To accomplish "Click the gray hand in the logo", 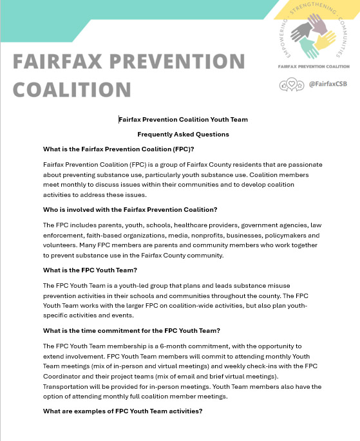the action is [x=301, y=32].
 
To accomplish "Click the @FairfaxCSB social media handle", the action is [x=328, y=84].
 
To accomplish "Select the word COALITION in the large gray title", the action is [x=73, y=89].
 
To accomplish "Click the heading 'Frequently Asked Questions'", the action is [x=183, y=135].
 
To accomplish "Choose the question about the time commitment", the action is [x=131, y=330].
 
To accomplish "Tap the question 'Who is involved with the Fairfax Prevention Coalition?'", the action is [x=130, y=209].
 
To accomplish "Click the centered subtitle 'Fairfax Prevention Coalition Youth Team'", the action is [x=184, y=119].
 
